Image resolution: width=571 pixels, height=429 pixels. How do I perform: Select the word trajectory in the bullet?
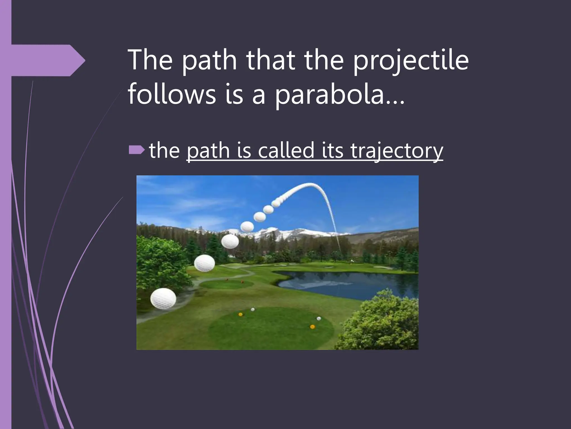pos(396,151)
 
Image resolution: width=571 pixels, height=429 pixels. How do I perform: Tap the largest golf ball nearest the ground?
pos(163,299)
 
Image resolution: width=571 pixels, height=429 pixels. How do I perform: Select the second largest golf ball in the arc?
pos(204,263)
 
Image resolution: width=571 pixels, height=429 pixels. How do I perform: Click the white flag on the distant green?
pos(352,261)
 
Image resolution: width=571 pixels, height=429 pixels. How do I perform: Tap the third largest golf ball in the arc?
pos(230,242)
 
